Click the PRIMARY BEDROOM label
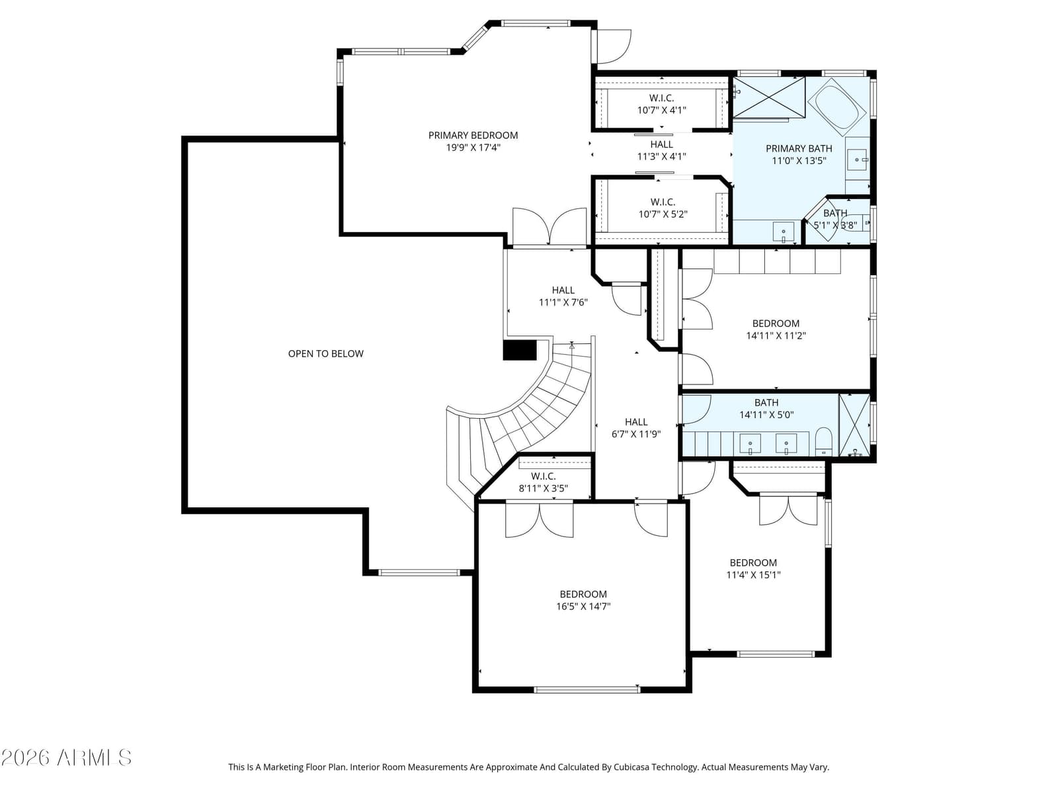point(473,136)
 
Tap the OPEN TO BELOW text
point(326,354)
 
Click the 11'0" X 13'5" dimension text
point(799,161)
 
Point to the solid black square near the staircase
point(520,350)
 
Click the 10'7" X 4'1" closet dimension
point(661,110)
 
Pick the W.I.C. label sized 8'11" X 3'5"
point(544,476)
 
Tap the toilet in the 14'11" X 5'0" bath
point(823,441)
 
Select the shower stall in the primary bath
point(769,98)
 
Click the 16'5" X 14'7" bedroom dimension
point(583,607)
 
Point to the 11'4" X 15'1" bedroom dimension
point(753,574)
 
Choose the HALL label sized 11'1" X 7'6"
point(563,290)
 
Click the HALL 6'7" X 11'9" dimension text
point(636,434)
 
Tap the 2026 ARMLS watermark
point(66,758)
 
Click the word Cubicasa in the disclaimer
point(631,767)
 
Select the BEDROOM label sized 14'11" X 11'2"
point(776,324)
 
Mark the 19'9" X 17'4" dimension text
point(473,148)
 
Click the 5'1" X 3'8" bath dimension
point(835,225)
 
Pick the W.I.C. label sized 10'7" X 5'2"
point(663,202)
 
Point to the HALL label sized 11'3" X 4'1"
point(661,144)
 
